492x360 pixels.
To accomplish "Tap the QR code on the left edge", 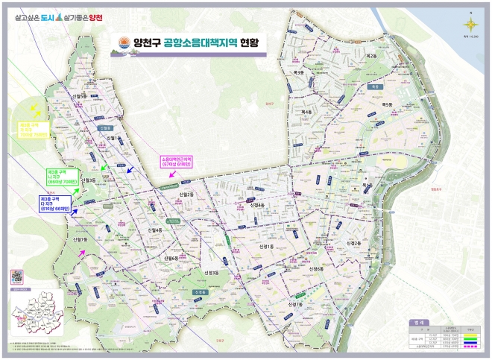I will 16,275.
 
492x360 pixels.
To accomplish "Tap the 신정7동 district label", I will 294,304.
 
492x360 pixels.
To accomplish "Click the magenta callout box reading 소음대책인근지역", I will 177,162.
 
